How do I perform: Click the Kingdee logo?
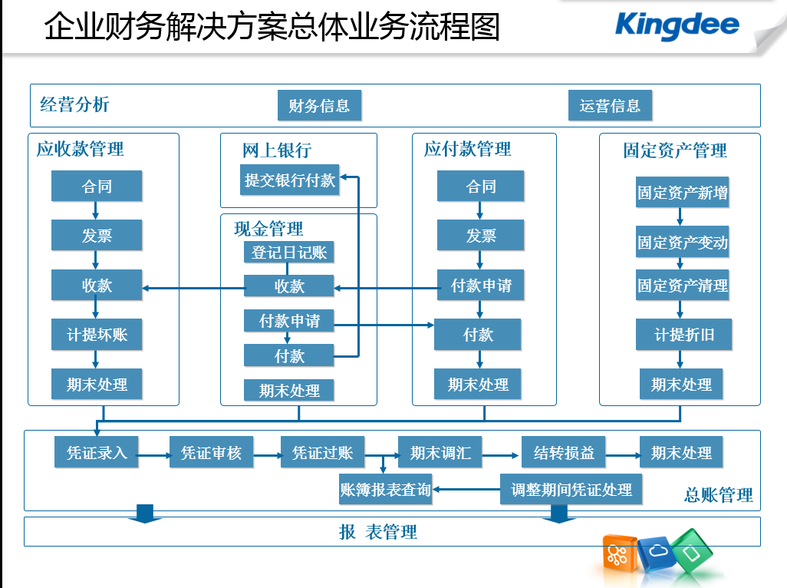click(677, 25)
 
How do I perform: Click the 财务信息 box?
click(319, 105)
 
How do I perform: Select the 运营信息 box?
click(610, 105)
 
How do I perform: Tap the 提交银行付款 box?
click(290, 180)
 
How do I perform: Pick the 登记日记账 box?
click(288, 252)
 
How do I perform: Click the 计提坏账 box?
click(97, 335)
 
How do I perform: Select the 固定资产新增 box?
click(682, 192)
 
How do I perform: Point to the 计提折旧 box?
click(683, 335)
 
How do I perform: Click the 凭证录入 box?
click(96, 452)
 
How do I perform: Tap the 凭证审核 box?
click(211, 452)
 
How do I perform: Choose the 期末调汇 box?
click(440, 452)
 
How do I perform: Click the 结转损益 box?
click(563, 452)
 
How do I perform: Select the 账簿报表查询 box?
click(386, 489)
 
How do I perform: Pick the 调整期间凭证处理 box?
click(571, 489)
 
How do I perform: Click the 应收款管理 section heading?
click(80, 149)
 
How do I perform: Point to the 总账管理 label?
click(718, 495)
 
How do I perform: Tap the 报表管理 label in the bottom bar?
click(378, 532)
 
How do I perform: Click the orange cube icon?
click(619, 553)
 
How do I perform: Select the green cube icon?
click(692, 551)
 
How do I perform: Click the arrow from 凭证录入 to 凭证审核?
click(153, 455)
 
